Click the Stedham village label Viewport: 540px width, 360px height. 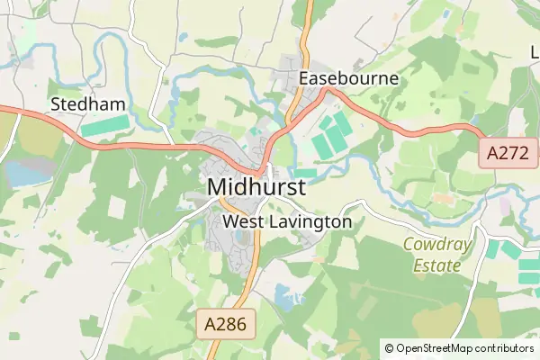(88, 104)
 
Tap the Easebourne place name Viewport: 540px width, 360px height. (348, 78)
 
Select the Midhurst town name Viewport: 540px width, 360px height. (256, 187)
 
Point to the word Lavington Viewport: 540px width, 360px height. (307, 220)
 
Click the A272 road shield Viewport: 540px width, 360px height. (507, 153)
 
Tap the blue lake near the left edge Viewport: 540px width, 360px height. (24, 173)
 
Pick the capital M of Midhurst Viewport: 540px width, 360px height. (217, 187)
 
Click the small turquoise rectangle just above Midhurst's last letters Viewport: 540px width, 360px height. (305, 171)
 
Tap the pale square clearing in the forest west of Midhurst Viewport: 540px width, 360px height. (118, 206)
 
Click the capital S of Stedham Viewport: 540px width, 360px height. (57, 104)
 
